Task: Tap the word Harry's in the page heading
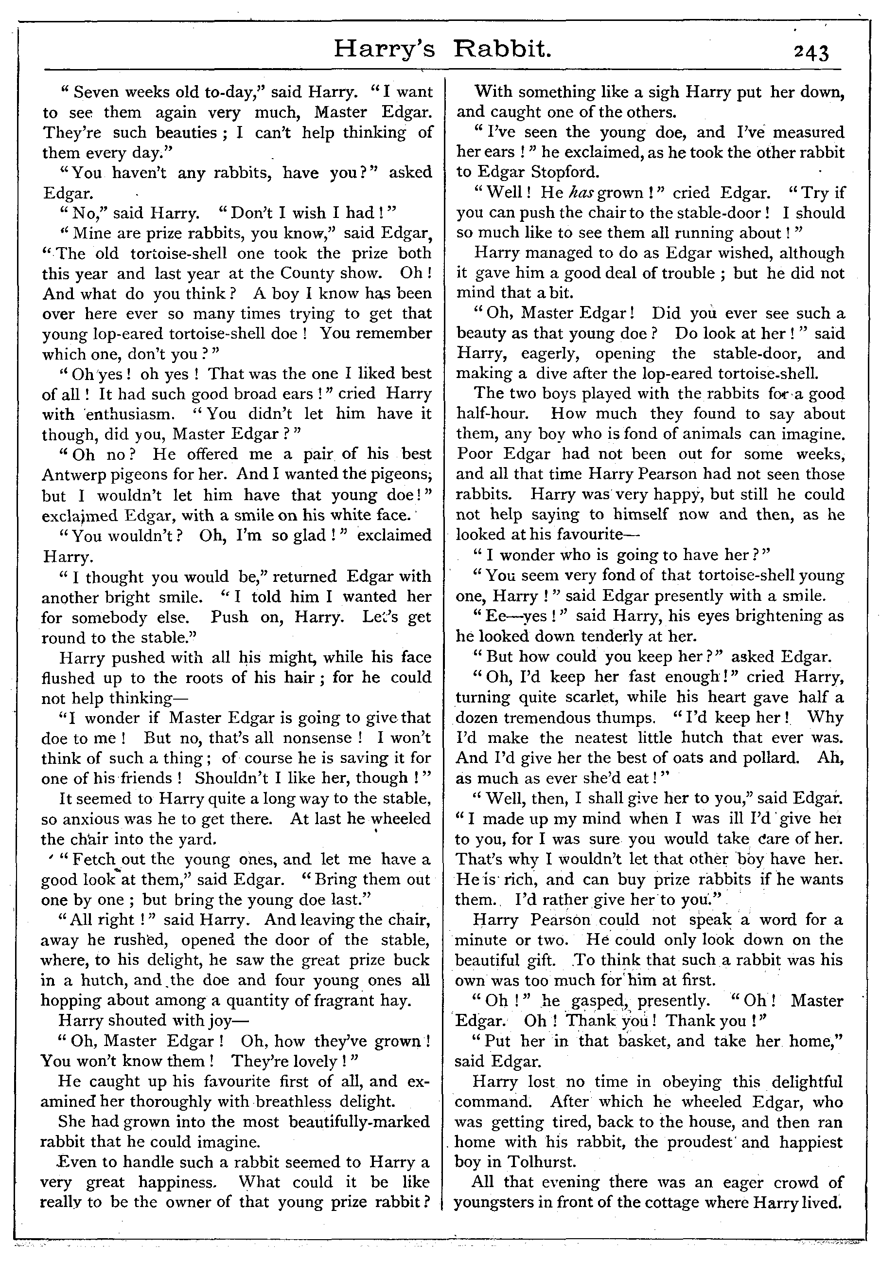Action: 384,52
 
